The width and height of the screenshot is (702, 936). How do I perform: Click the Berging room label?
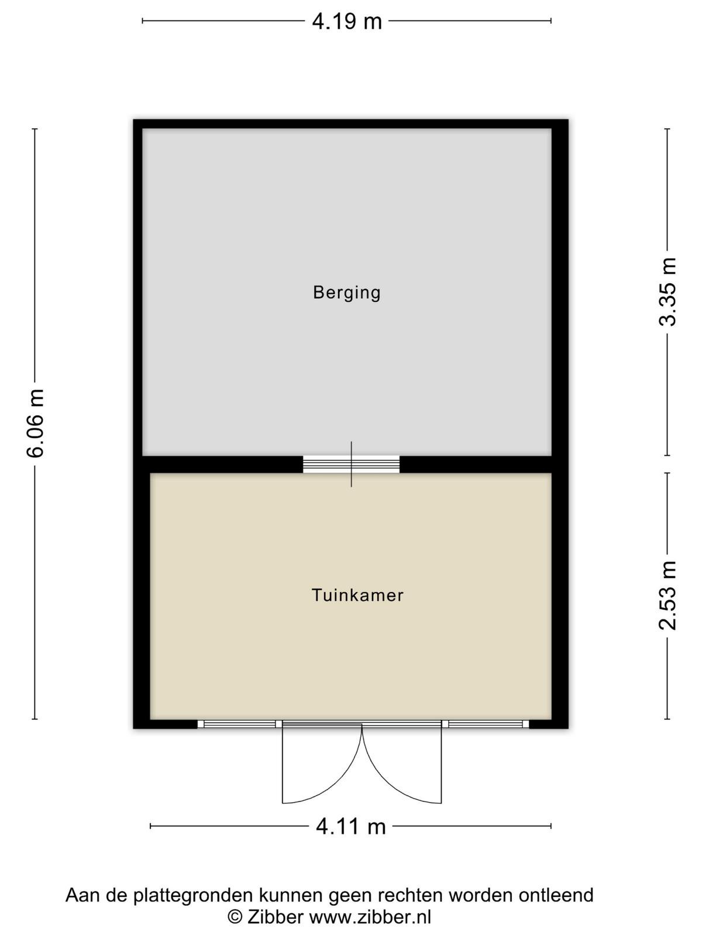tap(346, 293)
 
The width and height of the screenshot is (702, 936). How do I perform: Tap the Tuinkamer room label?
tap(357, 595)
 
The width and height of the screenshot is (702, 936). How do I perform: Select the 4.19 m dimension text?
tap(346, 21)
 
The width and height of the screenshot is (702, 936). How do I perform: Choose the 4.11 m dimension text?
tap(350, 827)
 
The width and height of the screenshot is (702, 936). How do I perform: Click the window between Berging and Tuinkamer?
tap(351, 464)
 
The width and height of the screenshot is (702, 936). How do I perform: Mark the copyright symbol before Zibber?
tap(235, 916)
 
